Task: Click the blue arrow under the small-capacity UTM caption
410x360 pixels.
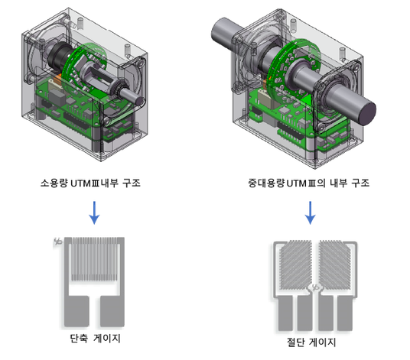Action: click(94, 212)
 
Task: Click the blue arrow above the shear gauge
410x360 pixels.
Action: click(310, 212)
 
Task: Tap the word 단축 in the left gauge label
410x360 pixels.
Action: click(79, 339)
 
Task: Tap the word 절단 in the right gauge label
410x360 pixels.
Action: click(295, 342)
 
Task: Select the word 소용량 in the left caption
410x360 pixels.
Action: click(54, 183)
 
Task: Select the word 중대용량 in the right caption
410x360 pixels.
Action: click(266, 183)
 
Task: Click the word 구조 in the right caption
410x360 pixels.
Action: click(360, 183)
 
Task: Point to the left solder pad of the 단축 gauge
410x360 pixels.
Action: click(76, 310)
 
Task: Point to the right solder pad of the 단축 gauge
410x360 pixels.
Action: click(112, 310)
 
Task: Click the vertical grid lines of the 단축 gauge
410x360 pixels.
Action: click(94, 259)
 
